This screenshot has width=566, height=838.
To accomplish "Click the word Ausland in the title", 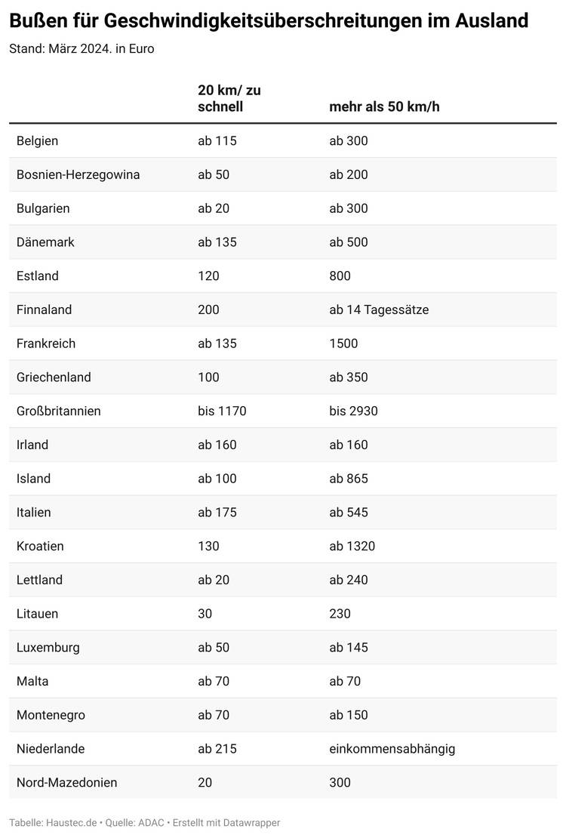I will [493, 21].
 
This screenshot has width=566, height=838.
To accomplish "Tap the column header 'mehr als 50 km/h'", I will [384, 107].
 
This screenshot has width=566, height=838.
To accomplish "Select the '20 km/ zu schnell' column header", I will [229, 98].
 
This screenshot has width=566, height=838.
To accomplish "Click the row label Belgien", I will [37, 141].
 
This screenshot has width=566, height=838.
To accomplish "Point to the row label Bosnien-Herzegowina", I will [78, 174].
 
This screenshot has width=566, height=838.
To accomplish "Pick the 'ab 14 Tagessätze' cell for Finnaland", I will [379, 310].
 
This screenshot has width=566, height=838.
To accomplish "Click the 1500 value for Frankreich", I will [343, 344].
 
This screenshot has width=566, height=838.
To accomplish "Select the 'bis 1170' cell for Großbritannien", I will [222, 411].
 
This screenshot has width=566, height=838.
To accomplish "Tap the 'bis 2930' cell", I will [353, 411].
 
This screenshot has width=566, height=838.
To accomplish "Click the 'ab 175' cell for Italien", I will [217, 513].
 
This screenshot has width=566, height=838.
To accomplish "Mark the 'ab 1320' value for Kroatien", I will [352, 547].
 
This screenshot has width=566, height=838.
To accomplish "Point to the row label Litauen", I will [37, 614].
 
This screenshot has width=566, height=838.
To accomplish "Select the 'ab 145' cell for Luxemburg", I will [349, 648].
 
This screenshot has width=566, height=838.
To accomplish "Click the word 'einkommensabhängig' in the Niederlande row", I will [392, 749].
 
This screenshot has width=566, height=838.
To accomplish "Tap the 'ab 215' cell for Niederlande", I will [217, 749].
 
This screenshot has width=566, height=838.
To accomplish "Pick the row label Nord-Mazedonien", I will [66, 783].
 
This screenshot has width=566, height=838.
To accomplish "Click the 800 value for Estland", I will [340, 276].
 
